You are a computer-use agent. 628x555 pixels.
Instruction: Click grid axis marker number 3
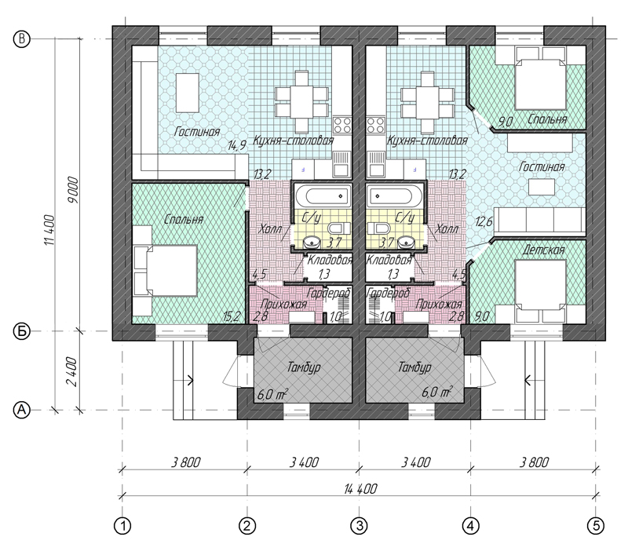tap(360, 526)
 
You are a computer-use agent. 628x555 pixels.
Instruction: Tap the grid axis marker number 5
tap(596, 526)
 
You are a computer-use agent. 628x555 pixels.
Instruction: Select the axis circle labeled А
tap(22, 410)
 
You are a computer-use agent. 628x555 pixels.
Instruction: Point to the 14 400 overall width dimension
tap(360, 489)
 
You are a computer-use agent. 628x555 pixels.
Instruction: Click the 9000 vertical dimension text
tap(74, 190)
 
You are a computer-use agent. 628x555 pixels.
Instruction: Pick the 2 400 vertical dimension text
tap(71, 371)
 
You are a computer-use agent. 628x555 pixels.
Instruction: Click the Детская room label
tap(543, 250)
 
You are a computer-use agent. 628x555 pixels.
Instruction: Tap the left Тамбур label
tap(304, 367)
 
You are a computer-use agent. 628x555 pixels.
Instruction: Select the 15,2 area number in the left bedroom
tap(232, 316)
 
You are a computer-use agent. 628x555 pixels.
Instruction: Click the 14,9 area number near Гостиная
tap(237, 145)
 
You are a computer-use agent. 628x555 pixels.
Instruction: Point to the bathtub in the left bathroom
tap(323, 196)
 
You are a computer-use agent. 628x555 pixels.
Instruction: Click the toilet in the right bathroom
tap(378, 228)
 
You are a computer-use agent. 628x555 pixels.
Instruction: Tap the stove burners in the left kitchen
tap(342, 125)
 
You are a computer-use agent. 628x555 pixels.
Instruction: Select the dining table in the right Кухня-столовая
tap(426, 102)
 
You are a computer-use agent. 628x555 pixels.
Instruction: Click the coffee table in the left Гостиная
tap(187, 93)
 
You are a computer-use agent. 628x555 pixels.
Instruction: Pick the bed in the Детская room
tap(540, 285)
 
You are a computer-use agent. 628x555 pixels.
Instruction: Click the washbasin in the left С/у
tap(312, 242)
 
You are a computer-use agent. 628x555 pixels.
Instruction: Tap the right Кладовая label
tap(389, 260)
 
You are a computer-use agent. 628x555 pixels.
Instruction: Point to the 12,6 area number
tap(484, 221)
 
